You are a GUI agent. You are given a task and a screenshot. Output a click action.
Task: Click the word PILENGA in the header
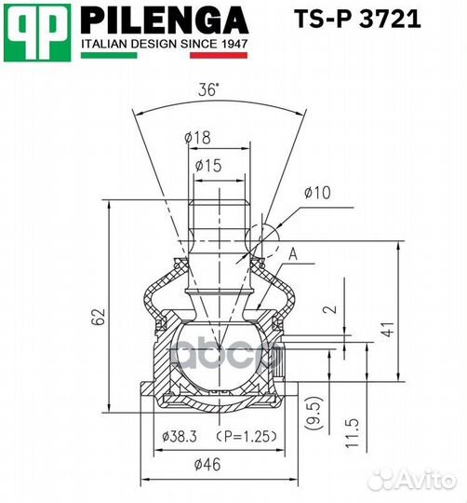(165, 19)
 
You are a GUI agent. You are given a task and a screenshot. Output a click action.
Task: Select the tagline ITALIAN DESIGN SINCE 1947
(165, 43)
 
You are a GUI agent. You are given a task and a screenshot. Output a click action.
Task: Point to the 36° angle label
(208, 90)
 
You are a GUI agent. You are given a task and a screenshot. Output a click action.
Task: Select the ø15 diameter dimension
(209, 167)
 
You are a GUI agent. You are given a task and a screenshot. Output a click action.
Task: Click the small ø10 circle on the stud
(260, 231)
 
